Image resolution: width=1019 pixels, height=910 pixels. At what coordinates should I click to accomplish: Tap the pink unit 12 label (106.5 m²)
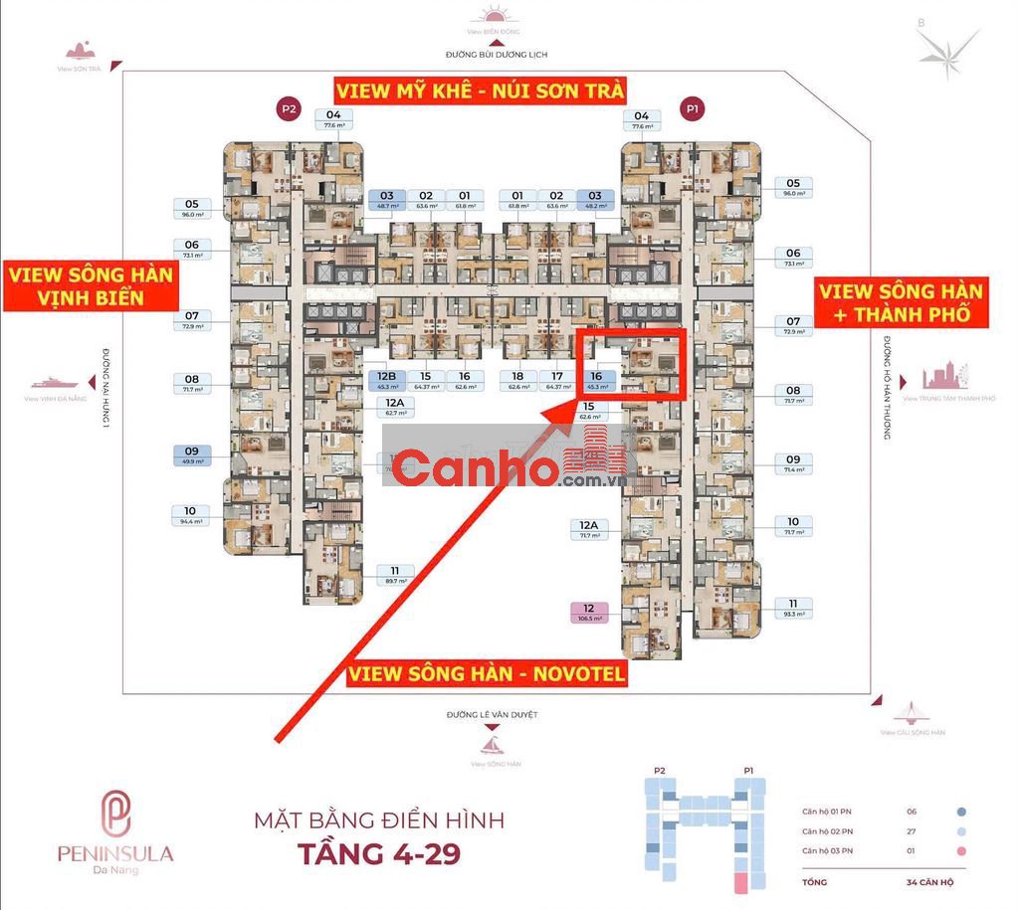[589, 613]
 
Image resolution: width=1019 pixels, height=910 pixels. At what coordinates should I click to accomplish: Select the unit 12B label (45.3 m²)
[387, 381]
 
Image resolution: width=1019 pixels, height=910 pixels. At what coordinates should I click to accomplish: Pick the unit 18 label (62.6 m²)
[517, 381]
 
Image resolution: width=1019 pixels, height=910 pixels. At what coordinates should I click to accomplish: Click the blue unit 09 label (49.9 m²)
[192, 455]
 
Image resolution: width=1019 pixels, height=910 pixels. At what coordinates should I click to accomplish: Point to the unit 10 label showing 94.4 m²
[192, 515]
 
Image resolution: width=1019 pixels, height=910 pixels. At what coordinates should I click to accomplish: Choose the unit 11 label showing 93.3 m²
[793, 609]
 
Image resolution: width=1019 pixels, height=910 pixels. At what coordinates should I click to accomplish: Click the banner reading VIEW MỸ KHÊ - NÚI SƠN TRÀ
[481, 91]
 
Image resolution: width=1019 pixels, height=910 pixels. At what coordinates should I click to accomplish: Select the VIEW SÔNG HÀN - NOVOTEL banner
[487, 674]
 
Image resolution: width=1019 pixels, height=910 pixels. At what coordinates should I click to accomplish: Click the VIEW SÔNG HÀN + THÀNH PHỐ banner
[902, 303]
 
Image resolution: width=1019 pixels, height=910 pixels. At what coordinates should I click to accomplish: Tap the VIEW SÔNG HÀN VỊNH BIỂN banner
[90, 286]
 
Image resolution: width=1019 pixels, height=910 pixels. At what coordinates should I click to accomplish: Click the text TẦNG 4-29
[379, 853]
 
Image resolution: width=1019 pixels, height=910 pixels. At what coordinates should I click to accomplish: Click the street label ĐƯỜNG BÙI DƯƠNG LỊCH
[497, 55]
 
